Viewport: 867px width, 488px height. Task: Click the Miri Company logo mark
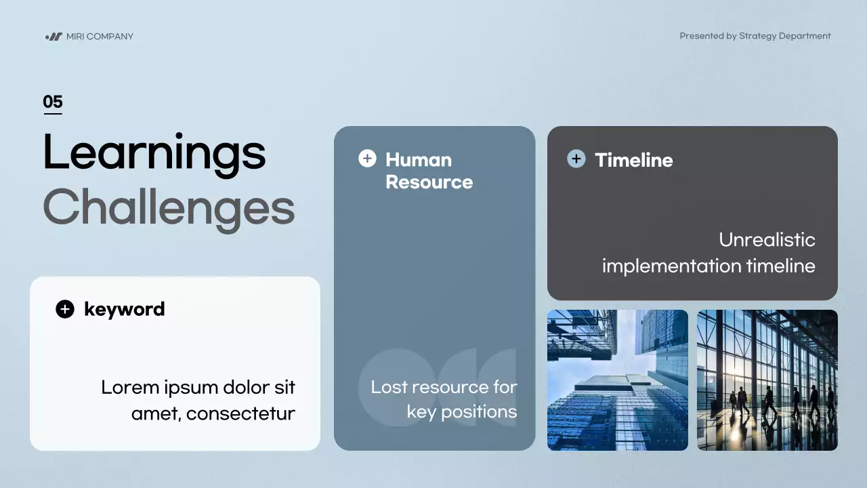tap(54, 37)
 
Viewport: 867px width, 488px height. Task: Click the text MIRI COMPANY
tap(100, 37)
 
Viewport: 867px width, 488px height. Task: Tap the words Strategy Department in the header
tap(784, 36)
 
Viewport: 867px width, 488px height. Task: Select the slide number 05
tap(53, 102)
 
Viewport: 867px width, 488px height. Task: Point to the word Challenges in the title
tap(169, 209)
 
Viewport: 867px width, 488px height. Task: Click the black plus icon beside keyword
tap(65, 309)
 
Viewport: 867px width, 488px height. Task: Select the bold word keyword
tap(124, 310)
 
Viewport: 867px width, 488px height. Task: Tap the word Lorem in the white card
tap(130, 387)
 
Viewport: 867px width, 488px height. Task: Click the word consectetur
tap(240, 413)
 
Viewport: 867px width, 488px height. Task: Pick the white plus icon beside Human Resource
tap(367, 159)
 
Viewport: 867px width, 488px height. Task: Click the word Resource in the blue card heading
tap(429, 182)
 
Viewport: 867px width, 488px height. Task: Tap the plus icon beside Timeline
tap(576, 159)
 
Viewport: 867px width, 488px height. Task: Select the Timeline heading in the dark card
tap(634, 160)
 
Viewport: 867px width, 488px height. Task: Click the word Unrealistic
tap(767, 240)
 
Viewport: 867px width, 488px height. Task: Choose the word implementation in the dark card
tap(671, 266)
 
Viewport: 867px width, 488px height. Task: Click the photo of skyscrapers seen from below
tap(618, 380)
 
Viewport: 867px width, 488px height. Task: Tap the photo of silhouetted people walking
tap(767, 380)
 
